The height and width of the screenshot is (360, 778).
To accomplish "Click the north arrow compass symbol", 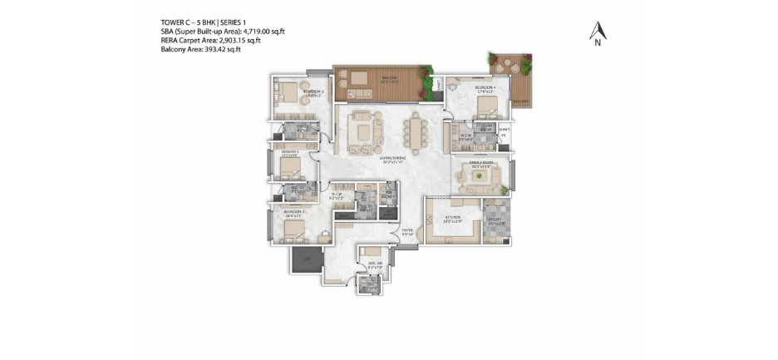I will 598,32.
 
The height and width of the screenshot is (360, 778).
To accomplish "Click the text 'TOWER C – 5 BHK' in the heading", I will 188,22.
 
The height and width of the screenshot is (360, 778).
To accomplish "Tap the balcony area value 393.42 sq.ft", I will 218,50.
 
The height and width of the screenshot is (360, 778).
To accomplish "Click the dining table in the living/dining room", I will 415,131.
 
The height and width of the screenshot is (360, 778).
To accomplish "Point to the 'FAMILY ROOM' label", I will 481,164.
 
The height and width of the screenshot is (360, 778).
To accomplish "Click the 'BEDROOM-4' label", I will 485,87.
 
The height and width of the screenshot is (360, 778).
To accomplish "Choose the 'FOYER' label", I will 407,232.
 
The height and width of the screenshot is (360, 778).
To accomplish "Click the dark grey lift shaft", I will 304,260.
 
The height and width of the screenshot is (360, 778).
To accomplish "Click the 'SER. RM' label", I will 375,264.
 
